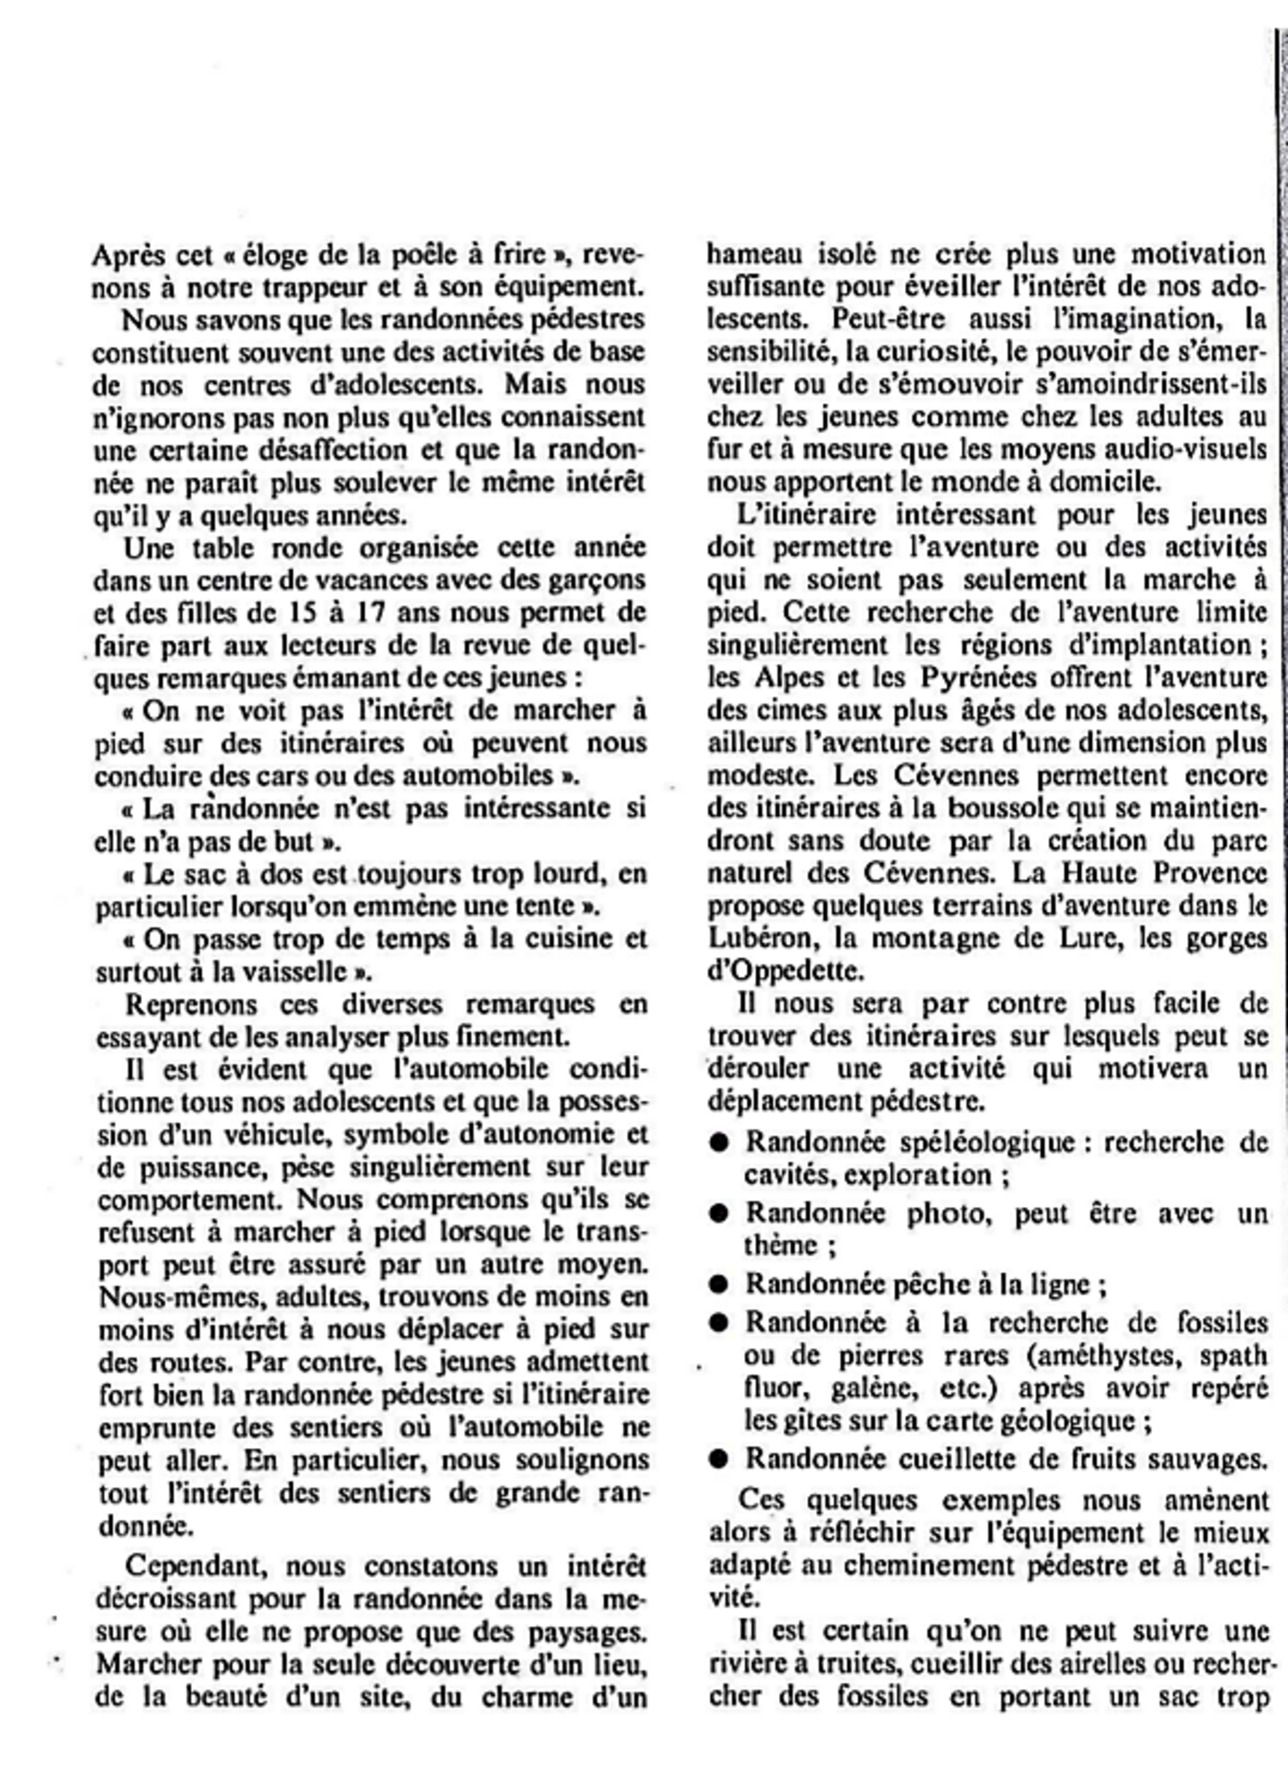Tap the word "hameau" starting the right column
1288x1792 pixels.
755,255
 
